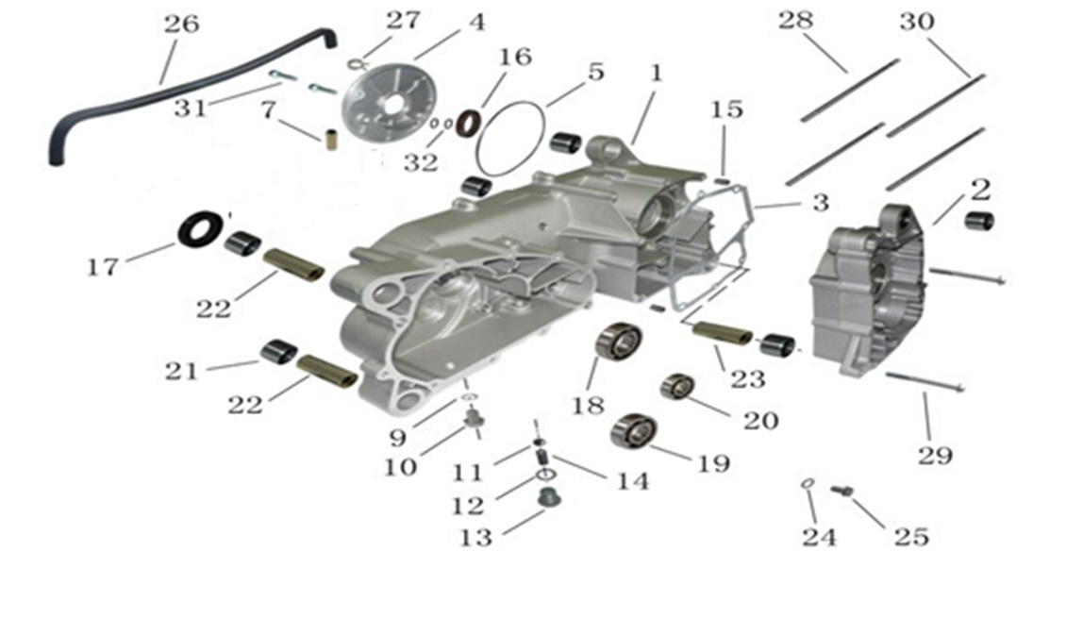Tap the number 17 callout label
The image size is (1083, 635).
click(102, 266)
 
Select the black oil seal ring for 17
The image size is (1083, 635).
click(201, 228)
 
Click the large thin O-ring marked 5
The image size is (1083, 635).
click(509, 139)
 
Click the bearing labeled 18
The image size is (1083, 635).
click(619, 340)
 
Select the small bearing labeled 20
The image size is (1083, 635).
click(677, 386)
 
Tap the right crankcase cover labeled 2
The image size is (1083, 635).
click(868, 291)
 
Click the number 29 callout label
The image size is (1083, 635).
click(935, 456)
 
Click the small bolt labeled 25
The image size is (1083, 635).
click(842, 491)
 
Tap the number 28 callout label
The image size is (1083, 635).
click(795, 20)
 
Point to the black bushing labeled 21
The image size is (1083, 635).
click(278, 352)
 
